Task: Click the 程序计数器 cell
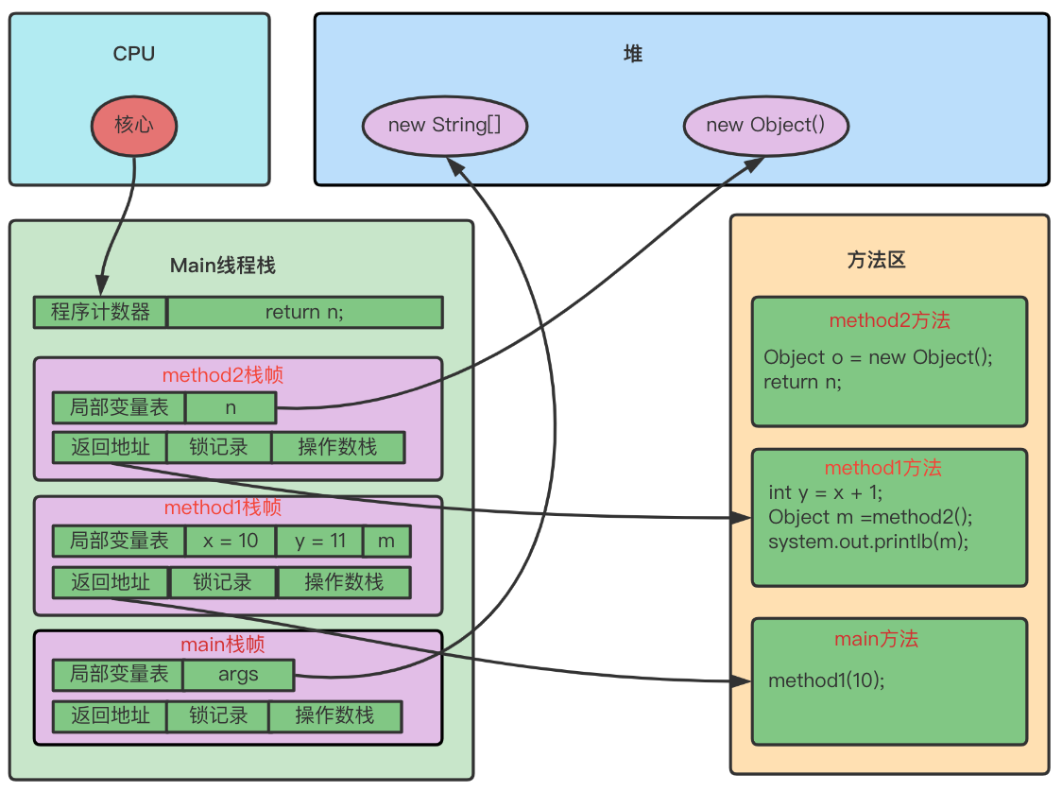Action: point(100,312)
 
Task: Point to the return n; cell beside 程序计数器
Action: point(304,312)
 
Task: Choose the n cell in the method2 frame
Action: point(231,407)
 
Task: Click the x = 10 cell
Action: point(230,542)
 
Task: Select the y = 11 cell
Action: point(320,542)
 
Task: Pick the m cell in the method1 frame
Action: point(386,542)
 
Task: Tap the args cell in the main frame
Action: point(238,675)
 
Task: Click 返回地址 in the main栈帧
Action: point(110,715)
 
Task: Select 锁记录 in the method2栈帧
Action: point(218,447)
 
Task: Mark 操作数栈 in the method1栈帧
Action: point(344,582)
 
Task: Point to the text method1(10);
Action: point(827,680)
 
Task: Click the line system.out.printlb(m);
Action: point(868,542)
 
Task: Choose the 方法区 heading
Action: point(876,260)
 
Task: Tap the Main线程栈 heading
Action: point(223,266)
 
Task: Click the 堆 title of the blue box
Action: point(633,55)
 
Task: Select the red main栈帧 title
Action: point(223,645)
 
